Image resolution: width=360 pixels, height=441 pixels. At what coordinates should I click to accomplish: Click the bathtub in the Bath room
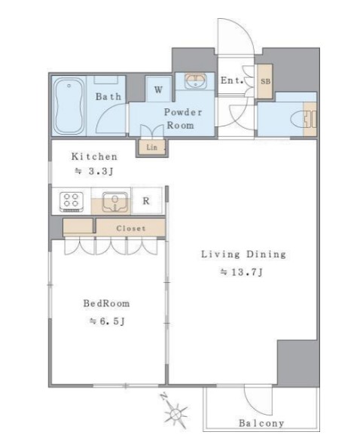click(x=69, y=106)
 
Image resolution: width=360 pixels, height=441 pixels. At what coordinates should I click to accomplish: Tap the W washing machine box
click(x=158, y=89)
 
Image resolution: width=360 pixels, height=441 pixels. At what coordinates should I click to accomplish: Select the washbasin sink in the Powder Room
click(x=196, y=81)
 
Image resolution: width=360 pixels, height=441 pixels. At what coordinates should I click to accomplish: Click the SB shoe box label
click(x=265, y=81)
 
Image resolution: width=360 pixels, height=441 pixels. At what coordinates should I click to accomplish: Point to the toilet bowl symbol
click(x=298, y=119)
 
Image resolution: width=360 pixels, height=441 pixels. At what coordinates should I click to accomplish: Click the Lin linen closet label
click(x=151, y=147)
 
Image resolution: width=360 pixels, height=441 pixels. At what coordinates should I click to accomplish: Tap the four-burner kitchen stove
click(x=72, y=202)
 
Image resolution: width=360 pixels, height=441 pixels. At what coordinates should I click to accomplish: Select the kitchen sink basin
click(x=114, y=202)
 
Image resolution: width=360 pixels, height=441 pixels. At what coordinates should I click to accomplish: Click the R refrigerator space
click(x=146, y=201)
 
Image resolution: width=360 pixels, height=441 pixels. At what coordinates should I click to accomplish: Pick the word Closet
click(x=131, y=228)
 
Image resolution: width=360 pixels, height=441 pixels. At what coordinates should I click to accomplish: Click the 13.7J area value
click(x=242, y=272)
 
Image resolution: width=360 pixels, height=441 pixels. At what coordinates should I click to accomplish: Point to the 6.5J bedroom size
click(x=107, y=321)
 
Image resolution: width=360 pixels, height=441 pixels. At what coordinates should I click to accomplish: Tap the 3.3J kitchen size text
click(x=94, y=171)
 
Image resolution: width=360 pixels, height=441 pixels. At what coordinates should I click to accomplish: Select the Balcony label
click(x=261, y=423)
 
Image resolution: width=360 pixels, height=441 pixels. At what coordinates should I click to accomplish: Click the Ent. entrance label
click(x=232, y=81)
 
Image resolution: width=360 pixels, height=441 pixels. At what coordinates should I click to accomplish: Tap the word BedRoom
click(x=106, y=303)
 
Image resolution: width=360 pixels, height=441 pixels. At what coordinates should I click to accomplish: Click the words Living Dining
click(x=243, y=254)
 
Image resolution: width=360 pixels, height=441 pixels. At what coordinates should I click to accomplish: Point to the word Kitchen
click(x=94, y=157)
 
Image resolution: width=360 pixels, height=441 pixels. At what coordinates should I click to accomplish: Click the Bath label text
click(x=108, y=96)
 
